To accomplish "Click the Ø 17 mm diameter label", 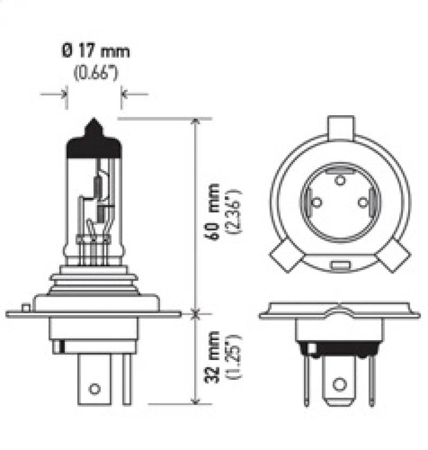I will (96, 52).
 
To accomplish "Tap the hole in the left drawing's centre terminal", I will (95, 388).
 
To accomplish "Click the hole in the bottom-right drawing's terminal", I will (339, 384).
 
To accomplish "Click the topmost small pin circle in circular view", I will (339, 180).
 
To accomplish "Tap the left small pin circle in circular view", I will (316, 202).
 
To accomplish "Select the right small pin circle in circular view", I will (363, 202).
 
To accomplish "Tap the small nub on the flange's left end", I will (25, 307).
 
